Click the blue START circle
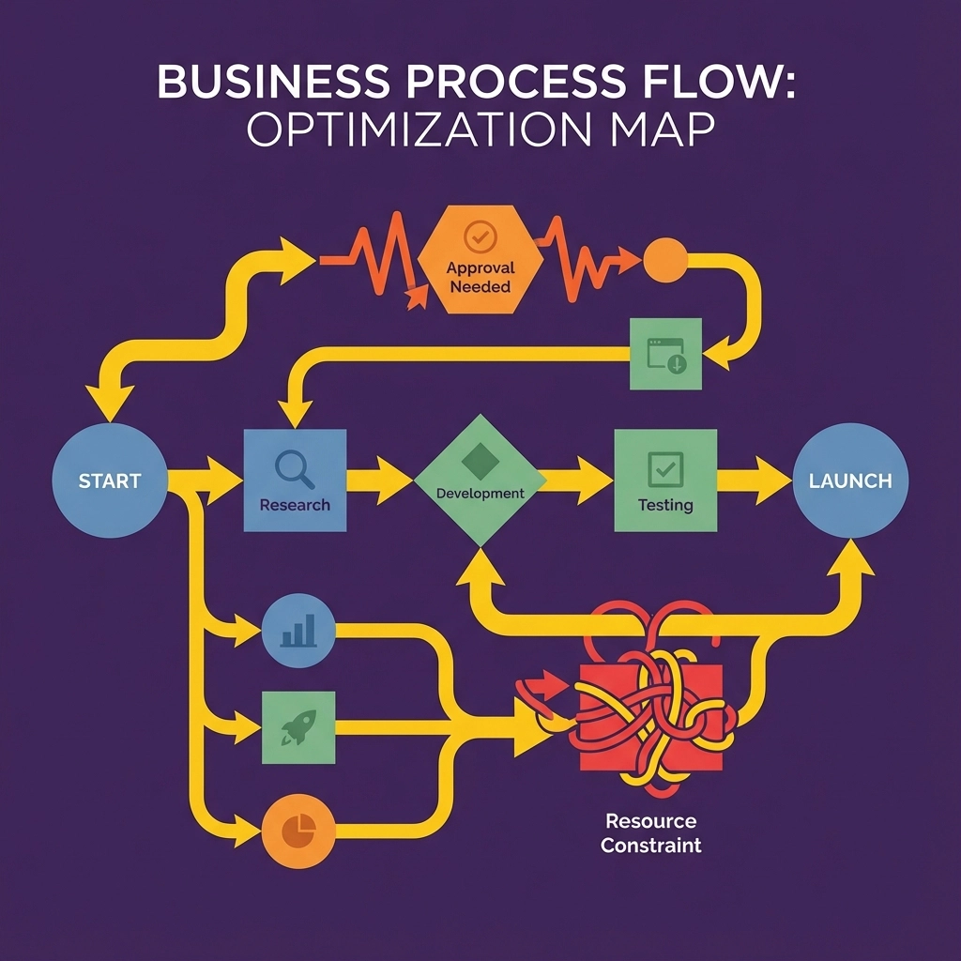(110, 480)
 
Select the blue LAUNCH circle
(849, 480)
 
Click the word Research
(295, 505)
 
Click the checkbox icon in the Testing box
(665, 466)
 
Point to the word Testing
(665, 505)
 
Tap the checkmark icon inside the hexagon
(480, 238)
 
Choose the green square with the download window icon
(664, 354)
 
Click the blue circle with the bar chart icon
(298, 631)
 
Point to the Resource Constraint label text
(650, 832)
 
